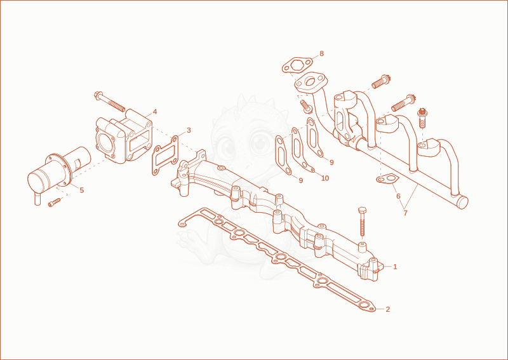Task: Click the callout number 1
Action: coord(395,267)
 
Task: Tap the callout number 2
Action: coord(388,309)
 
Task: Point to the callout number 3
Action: coord(189,130)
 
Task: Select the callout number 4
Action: coord(155,112)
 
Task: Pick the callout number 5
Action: coord(82,190)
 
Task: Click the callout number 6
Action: coord(398,196)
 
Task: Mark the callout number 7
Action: coord(405,213)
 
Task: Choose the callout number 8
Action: coord(321,53)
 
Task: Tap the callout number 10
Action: coord(325,178)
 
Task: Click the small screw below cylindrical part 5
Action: coord(54,203)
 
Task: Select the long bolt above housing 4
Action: coord(109,102)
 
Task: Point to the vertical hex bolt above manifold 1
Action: coord(362,222)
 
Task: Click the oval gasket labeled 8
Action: coord(297,65)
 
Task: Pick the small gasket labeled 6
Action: coord(387,178)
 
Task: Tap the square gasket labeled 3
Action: coord(165,156)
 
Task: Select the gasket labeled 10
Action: coord(301,149)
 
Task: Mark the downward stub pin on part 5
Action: coord(37,199)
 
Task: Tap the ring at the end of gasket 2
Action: coord(364,305)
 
